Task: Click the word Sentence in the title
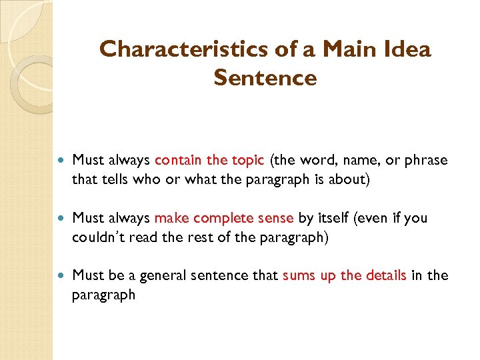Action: pos(265,78)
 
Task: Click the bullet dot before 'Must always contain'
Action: pos(63,161)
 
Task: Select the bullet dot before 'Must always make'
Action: pos(63,218)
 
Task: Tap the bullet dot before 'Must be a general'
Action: pos(63,276)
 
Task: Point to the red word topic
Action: pos(249,161)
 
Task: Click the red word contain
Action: pos(178,161)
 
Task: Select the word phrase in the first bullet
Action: pos(427,161)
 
